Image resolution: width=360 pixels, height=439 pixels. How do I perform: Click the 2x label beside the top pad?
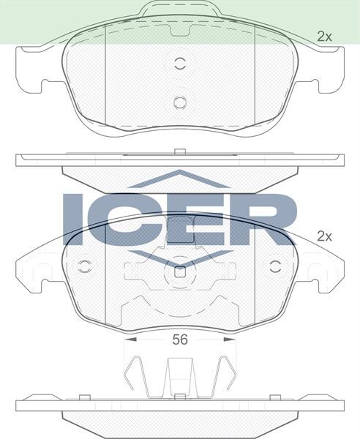tap(324, 35)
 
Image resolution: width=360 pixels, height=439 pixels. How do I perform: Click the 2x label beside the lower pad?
tap(324, 236)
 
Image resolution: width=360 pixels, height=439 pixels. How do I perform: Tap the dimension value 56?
tap(179, 339)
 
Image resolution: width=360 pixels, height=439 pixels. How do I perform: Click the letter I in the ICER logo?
tap(76, 219)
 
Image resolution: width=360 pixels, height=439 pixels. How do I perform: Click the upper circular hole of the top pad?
tap(180, 63)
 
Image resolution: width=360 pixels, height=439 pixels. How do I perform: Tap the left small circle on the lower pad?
tap(84, 266)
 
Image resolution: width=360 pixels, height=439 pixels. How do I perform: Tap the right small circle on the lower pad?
tap(276, 266)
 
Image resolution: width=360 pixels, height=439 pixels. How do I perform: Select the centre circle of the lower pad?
tap(180, 274)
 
